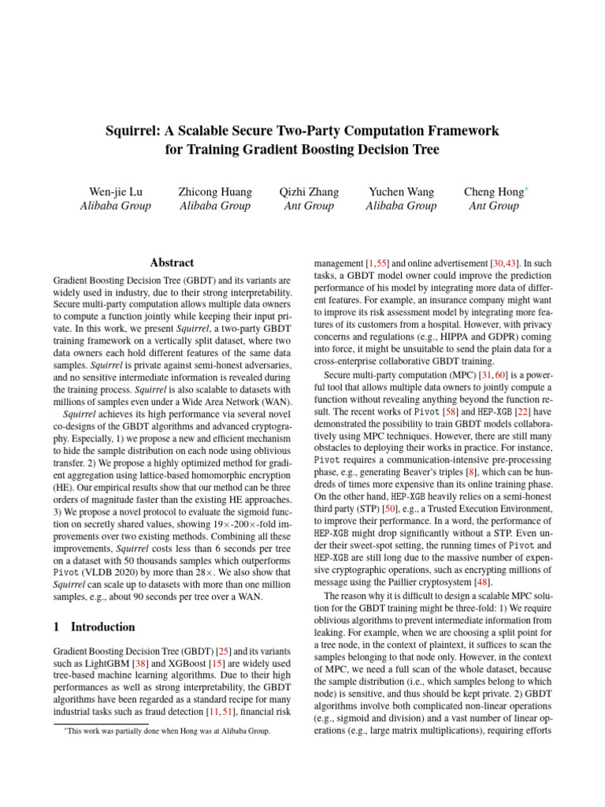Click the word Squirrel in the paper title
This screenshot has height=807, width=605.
click(x=132, y=130)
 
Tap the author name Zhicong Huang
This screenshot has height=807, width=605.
click(x=215, y=192)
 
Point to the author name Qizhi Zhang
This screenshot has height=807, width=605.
click(x=308, y=192)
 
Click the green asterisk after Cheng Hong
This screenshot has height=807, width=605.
click(x=527, y=189)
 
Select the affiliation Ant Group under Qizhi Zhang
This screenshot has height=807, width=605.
click(x=308, y=206)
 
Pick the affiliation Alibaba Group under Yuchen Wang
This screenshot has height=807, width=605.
click(x=400, y=206)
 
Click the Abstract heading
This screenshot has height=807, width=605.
click(x=172, y=262)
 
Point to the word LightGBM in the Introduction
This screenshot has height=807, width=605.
click(x=113, y=667)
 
